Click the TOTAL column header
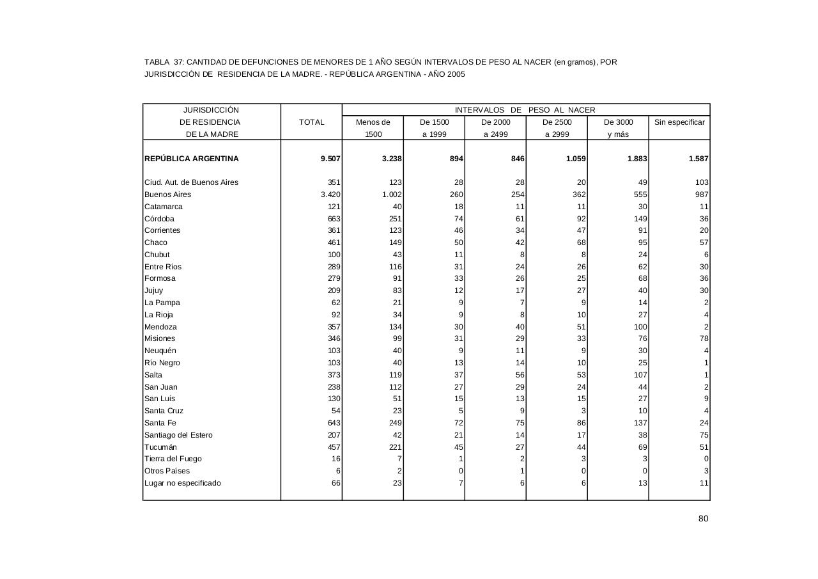tap(311, 122)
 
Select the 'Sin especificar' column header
tap(679, 122)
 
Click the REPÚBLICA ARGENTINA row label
tap(192, 159)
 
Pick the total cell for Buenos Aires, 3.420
tap(330, 194)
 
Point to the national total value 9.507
tap(330, 159)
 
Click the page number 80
tap(703, 519)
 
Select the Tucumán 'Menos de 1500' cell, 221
tap(394, 447)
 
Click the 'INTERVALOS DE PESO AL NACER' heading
tap(525, 110)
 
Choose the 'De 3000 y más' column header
tap(618, 128)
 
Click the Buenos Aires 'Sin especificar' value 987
tap(701, 194)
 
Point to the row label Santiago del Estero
tap(178, 435)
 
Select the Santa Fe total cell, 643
tap(334, 423)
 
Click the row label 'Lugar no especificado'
tap(183, 483)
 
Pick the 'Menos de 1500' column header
tap(373, 128)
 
